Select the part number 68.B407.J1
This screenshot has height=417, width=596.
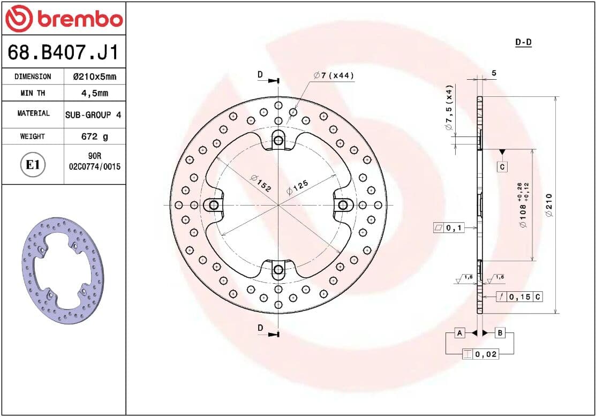(63, 52)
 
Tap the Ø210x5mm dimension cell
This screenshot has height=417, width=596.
(95, 77)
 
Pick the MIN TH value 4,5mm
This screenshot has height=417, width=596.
(95, 93)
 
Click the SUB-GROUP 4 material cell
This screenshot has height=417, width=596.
(93, 115)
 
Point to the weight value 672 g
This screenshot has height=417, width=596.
(95, 137)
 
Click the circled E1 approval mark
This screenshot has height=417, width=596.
(33, 164)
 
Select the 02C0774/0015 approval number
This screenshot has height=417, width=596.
(95, 166)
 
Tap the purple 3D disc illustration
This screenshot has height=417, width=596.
(63, 271)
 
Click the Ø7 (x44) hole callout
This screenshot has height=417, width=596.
(334, 75)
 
